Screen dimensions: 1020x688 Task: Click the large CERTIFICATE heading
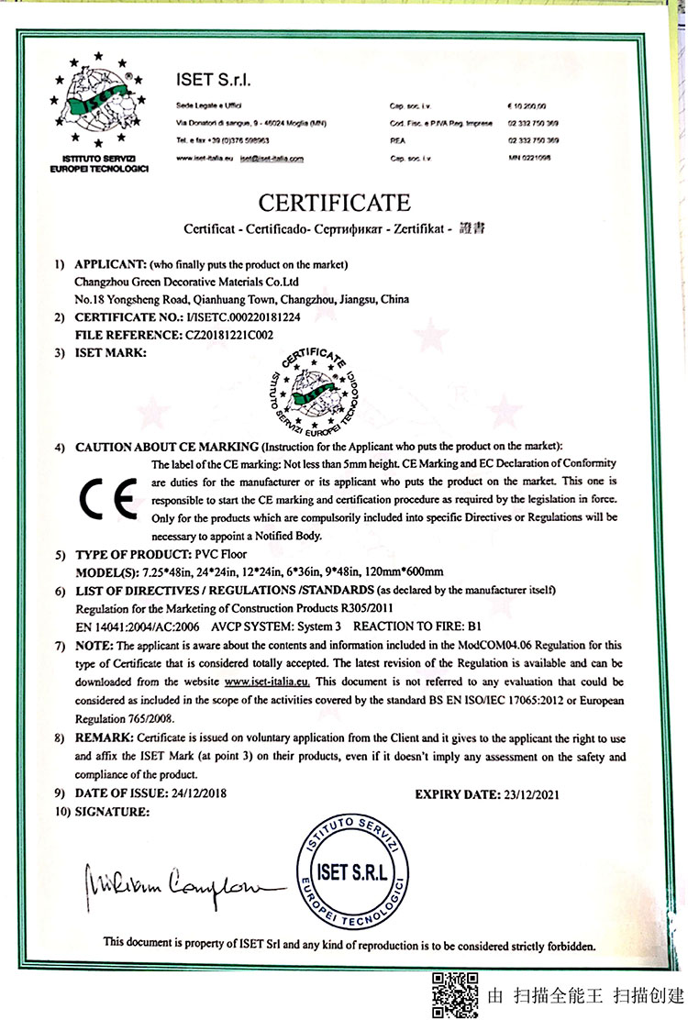(334, 202)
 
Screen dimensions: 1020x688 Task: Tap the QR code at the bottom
(454, 993)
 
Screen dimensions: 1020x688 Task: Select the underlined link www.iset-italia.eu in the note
(267, 682)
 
